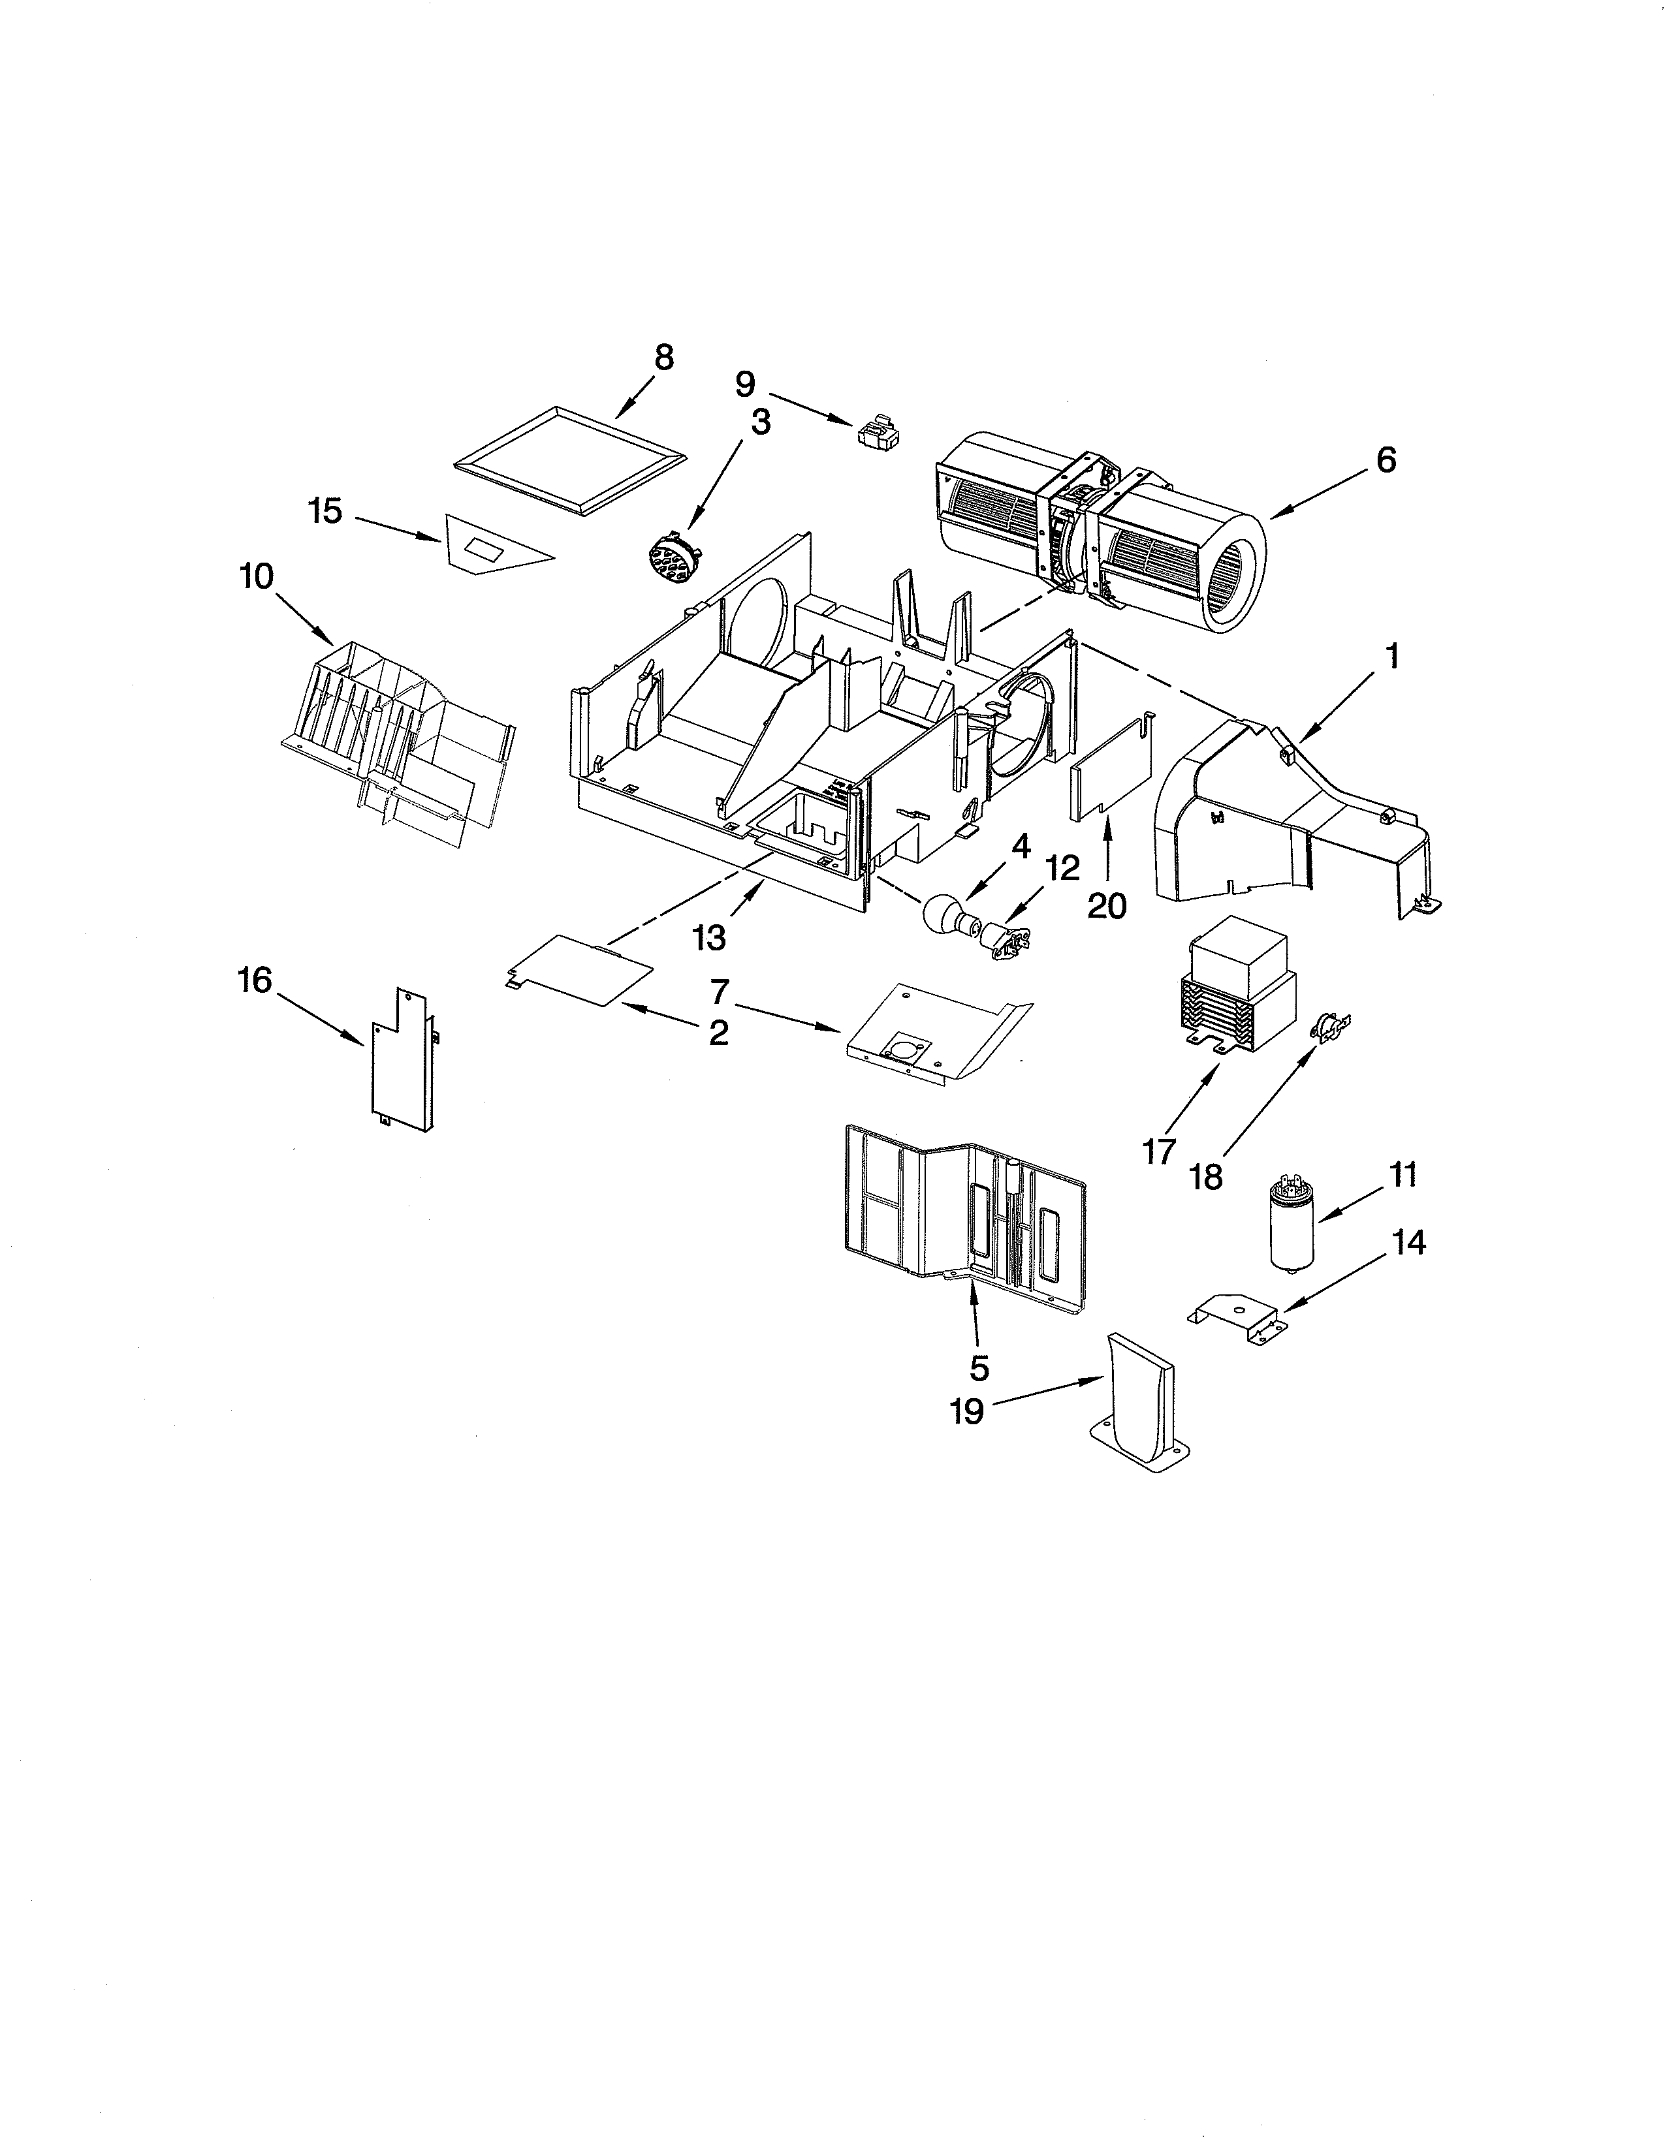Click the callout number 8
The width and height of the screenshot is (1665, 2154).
[x=664, y=358]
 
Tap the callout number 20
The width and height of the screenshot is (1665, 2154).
[x=1107, y=905]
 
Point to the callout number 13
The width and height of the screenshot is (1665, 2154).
[x=709, y=938]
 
